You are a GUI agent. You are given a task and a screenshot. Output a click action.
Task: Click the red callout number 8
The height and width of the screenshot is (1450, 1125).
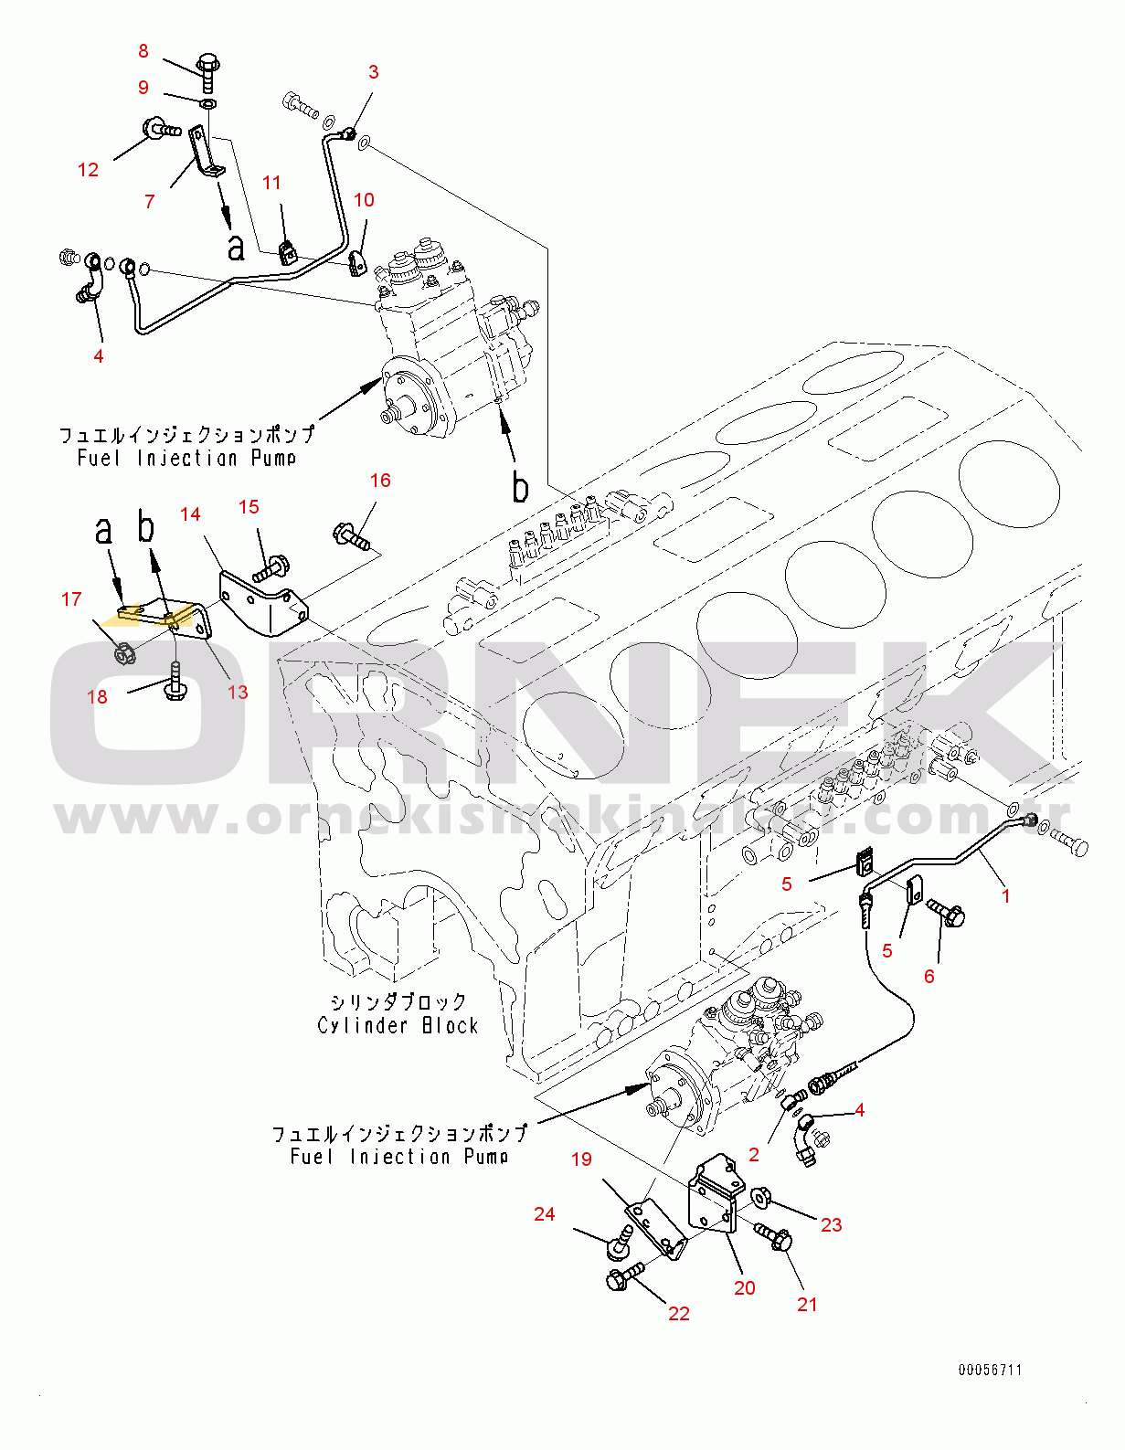coord(143,51)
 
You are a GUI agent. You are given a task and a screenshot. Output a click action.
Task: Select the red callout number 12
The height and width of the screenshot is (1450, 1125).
coord(88,169)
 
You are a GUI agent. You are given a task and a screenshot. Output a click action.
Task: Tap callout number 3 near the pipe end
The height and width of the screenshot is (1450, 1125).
coord(373,72)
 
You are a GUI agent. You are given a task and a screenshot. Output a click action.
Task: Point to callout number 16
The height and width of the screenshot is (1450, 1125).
coord(380,481)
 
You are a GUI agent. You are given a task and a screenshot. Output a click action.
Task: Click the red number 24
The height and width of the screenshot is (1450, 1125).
coord(545,1214)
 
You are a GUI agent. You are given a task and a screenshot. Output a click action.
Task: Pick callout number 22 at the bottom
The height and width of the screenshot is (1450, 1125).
coord(678,1314)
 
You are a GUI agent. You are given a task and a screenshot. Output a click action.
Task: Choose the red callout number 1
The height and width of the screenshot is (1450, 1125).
coord(1006,896)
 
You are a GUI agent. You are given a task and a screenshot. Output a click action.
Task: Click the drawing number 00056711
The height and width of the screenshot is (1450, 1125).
coord(990,1370)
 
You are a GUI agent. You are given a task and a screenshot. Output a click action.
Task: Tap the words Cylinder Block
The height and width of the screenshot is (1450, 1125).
coord(398,1026)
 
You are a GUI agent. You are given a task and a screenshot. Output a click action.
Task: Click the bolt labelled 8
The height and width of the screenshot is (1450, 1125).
coord(207,70)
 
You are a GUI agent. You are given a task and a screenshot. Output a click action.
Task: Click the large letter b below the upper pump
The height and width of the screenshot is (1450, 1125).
coord(520,487)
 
